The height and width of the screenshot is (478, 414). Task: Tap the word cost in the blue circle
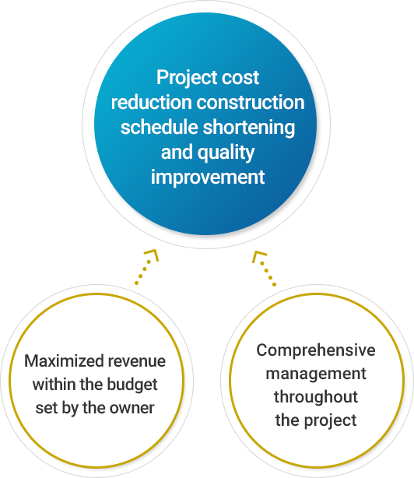pyautogui.click(x=240, y=77)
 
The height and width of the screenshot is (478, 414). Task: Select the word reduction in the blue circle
pyautogui.click(x=152, y=102)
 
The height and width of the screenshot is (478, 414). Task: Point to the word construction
pyautogui.click(x=251, y=103)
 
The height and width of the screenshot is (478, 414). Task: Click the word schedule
pyautogui.click(x=159, y=127)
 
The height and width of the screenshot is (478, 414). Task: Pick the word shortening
pyautogui.click(x=249, y=128)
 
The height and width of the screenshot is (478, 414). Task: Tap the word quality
pyautogui.click(x=226, y=153)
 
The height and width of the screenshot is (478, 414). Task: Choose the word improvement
pyautogui.click(x=208, y=177)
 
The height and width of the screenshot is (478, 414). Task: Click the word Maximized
pyautogui.click(x=64, y=361)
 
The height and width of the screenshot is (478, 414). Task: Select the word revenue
pyautogui.click(x=137, y=362)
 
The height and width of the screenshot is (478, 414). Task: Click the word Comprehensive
pyautogui.click(x=316, y=350)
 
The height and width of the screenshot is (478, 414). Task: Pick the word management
pyautogui.click(x=316, y=374)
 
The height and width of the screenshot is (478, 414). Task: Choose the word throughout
pyautogui.click(x=316, y=397)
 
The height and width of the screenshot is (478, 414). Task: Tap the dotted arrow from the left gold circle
pyautogui.click(x=147, y=267)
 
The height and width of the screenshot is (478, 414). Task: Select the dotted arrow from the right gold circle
pyautogui.click(x=264, y=269)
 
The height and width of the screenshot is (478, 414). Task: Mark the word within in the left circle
pyautogui.click(x=54, y=385)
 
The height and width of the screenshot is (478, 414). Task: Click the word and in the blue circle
pyautogui.click(x=177, y=152)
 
